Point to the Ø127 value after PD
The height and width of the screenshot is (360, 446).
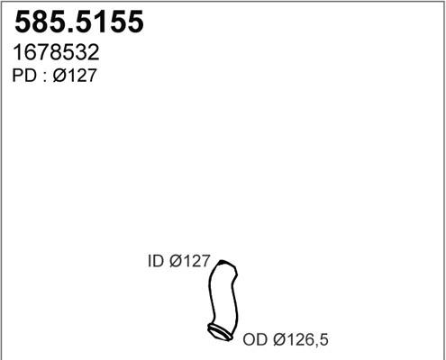[75, 77]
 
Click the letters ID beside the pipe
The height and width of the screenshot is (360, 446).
[154, 263]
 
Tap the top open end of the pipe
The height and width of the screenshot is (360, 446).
[225, 267]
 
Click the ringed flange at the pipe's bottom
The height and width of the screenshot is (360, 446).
[219, 333]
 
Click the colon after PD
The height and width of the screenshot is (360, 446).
[43, 78]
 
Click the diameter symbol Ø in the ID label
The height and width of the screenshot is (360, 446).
[175, 263]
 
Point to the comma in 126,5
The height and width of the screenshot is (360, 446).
[317, 346]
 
